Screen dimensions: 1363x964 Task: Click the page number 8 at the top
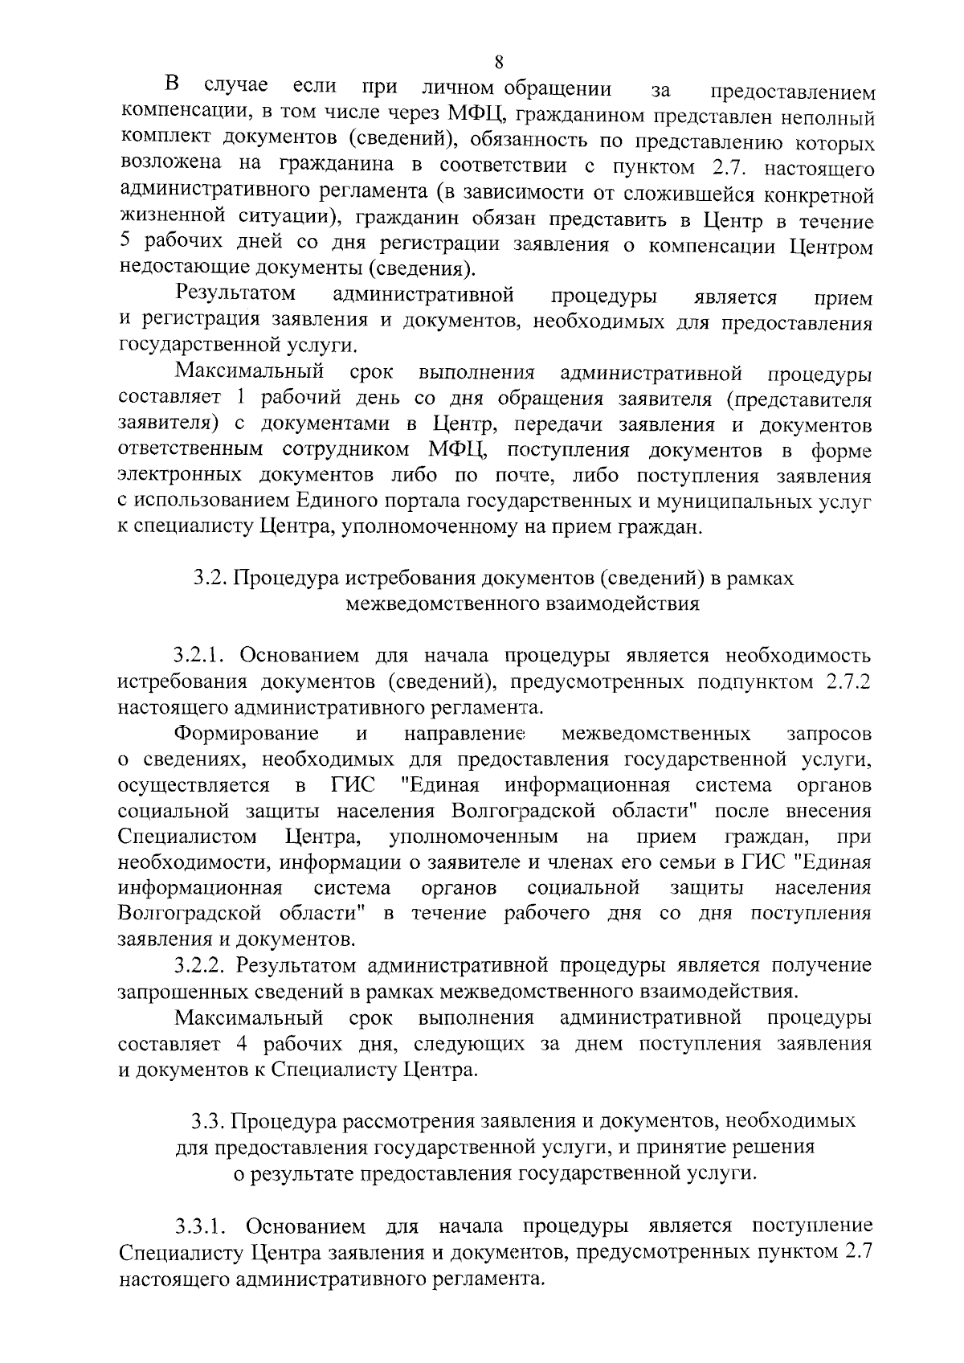coord(499,62)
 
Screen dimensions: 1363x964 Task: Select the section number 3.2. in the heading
coord(210,579)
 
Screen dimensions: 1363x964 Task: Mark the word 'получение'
coord(822,964)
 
